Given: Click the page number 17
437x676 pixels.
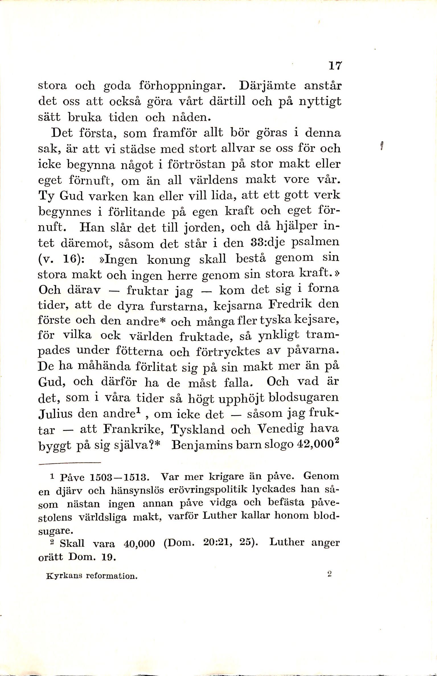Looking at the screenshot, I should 335,66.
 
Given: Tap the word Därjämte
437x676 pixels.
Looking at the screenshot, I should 268,85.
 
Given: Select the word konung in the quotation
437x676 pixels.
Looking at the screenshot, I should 168,260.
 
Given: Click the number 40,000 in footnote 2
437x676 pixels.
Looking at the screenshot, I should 139,544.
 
